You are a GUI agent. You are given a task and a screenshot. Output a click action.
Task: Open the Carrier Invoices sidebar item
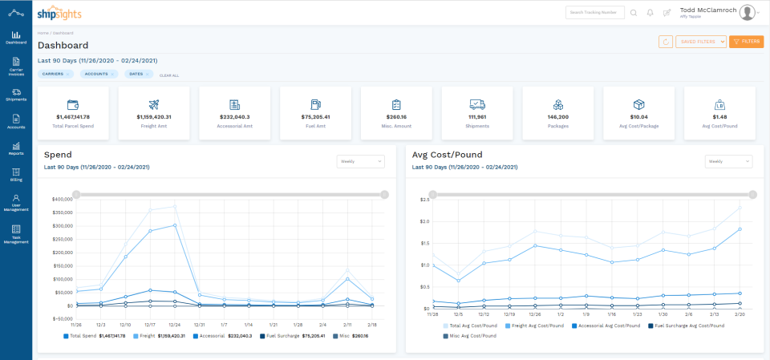(16, 66)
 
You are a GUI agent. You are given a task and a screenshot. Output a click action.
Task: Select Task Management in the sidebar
(16, 233)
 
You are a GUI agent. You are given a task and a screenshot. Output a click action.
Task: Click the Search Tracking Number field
(594, 13)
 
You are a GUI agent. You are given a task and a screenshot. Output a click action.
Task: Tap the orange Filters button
(746, 42)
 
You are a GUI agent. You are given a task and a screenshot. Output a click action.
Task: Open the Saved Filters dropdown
(701, 42)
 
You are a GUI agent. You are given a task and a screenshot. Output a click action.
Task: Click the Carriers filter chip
(55, 74)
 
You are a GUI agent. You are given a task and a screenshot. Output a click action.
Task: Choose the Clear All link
(169, 75)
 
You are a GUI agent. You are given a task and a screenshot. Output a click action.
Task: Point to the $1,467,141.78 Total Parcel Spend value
(73, 116)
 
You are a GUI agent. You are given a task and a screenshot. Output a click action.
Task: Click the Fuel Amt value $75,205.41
(315, 116)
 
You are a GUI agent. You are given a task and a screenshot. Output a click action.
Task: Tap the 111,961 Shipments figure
(477, 116)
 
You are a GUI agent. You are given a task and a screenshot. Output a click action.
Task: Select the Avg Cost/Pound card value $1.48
(719, 116)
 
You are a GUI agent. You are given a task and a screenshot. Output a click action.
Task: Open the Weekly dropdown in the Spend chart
(360, 161)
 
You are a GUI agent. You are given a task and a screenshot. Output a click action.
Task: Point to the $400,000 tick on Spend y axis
(62, 199)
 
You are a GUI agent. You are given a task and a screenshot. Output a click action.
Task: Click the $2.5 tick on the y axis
(425, 199)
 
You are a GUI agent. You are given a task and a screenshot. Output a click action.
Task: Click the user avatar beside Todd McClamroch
(748, 12)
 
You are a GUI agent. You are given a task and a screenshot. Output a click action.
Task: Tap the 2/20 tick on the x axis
(739, 314)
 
